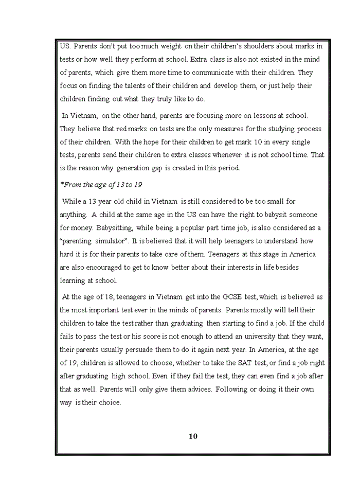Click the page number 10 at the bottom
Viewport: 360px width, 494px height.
[x=193, y=436]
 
